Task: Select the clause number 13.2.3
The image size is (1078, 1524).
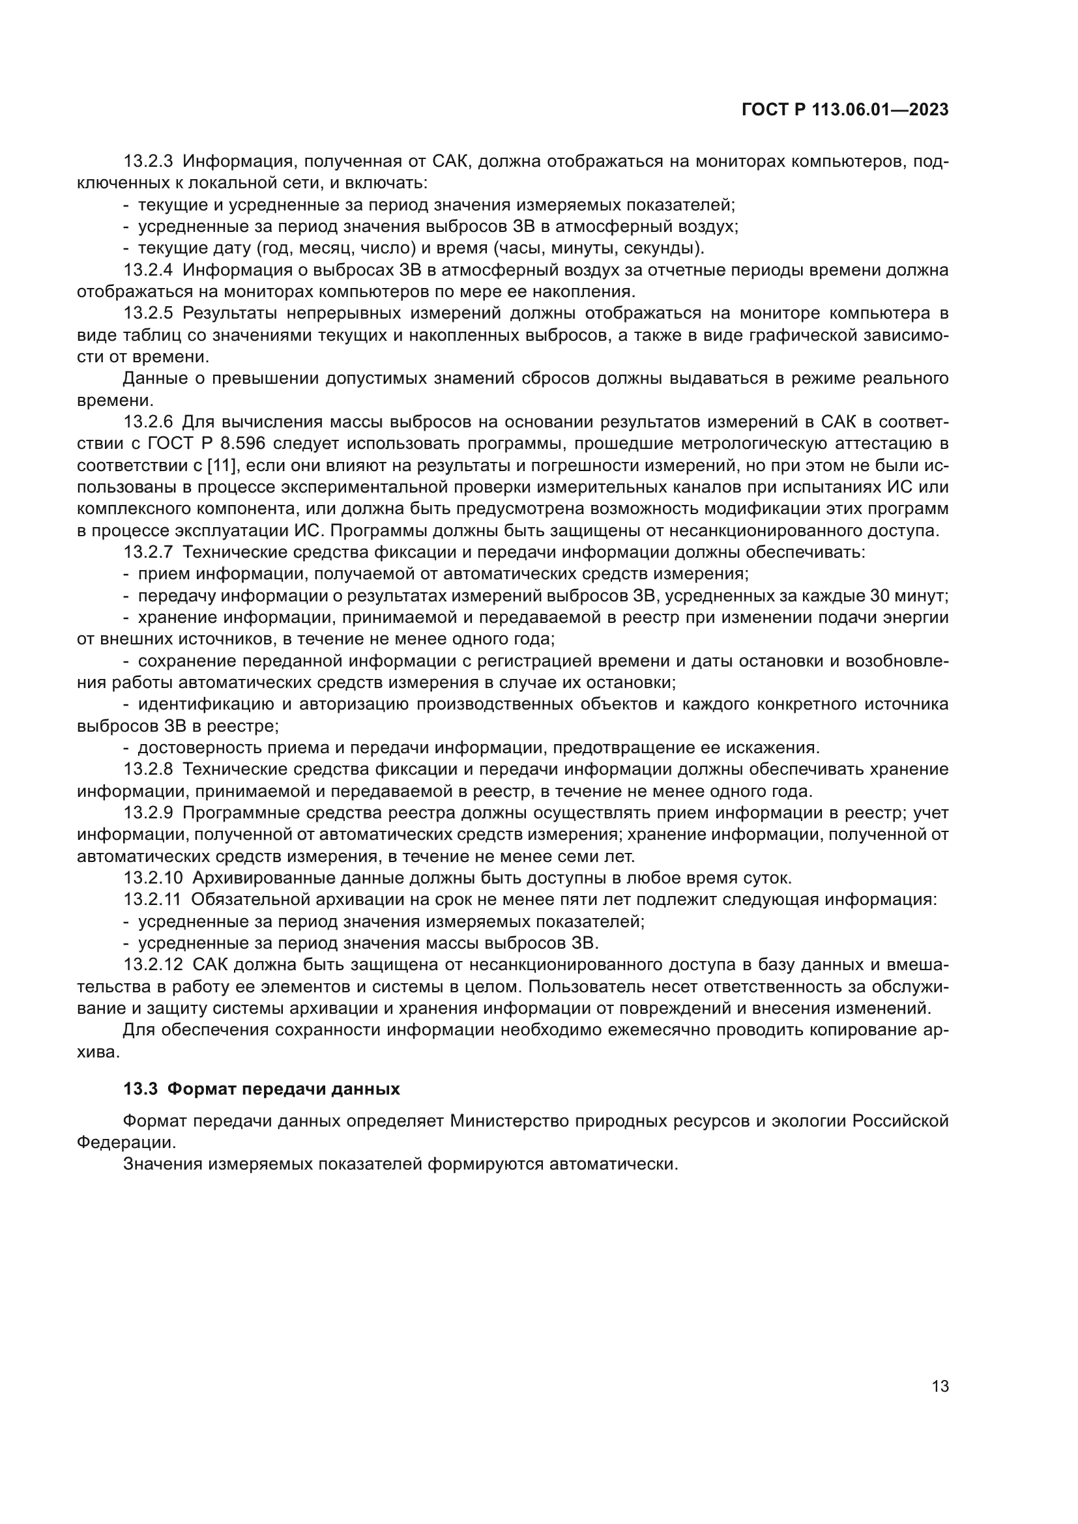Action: click(x=148, y=162)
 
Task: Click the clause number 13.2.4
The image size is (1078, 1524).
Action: click(x=148, y=270)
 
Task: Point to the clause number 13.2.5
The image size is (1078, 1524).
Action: click(x=148, y=313)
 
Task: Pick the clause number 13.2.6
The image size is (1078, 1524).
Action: click(x=148, y=422)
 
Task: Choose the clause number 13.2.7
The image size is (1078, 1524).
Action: click(x=148, y=553)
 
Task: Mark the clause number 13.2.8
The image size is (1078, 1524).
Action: click(x=148, y=769)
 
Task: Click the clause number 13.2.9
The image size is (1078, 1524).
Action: click(x=148, y=813)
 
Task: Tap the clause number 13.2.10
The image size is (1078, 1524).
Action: click(x=153, y=878)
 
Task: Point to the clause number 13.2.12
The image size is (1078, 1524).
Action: click(x=153, y=965)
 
